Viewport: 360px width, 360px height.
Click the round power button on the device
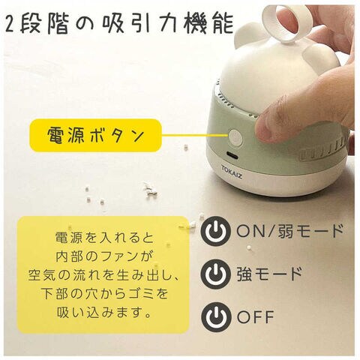(235, 138)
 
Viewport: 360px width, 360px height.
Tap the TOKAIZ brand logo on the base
(232, 172)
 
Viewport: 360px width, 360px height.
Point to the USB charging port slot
(232, 154)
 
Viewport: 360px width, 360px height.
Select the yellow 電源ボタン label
(95, 136)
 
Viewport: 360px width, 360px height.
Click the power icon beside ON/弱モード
(215, 231)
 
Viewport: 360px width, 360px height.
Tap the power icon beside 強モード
(215, 274)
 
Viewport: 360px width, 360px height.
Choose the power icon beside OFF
(215, 316)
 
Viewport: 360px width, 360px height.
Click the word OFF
(256, 316)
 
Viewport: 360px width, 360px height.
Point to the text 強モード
(269, 274)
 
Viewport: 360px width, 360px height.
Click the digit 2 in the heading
(10, 25)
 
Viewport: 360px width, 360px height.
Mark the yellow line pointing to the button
(195, 136)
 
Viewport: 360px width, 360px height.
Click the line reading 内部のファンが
(104, 256)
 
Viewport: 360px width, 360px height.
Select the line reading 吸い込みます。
(104, 312)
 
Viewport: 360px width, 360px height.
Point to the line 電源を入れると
(104, 238)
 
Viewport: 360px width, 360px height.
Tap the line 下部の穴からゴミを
(104, 293)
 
